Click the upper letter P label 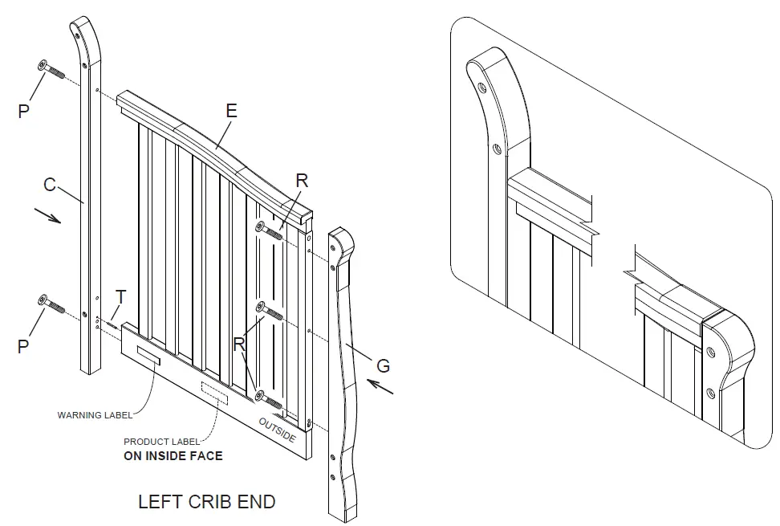pyautogui.click(x=23, y=112)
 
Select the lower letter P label pyautogui.click(x=23, y=347)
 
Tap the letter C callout pyautogui.click(x=49, y=186)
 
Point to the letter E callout pyautogui.click(x=231, y=112)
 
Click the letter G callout pyautogui.click(x=383, y=366)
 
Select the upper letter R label pyautogui.click(x=301, y=181)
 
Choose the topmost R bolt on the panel pyautogui.click(x=271, y=231)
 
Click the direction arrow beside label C pyautogui.click(x=48, y=217)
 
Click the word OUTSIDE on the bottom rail pyautogui.click(x=277, y=430)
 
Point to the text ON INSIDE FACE pyautogui.click(x=173, y=455)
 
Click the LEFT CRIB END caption pyautogui.click(x=206, y=502)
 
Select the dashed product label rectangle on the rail pyautogui.click(x=214, y=393)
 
